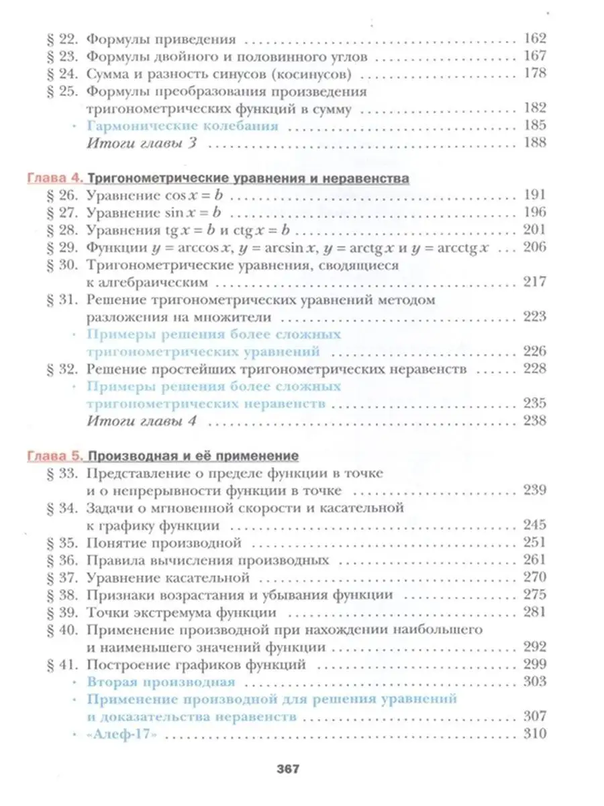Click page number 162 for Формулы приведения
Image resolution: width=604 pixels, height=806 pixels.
click(534, 38)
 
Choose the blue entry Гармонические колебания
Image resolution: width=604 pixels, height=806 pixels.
click(183, 126)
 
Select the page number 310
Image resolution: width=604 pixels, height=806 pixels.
click(534, 733)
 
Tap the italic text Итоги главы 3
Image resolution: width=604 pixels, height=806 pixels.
click(142, 143)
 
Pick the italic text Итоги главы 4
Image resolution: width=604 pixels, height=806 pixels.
click(142, 421)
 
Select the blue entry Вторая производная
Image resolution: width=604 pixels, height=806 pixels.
click(161, 682)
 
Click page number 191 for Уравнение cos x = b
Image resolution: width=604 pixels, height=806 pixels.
click(534, 195)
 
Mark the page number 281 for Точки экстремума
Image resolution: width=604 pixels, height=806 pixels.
click(534, 613)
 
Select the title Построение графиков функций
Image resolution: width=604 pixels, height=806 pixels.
click(197, 664)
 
